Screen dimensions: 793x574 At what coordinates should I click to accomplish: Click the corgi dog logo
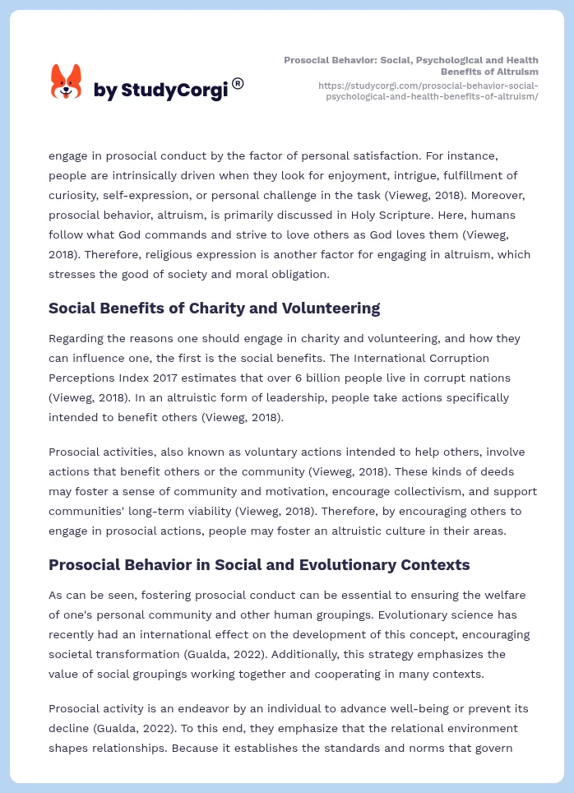click(x=67, y=82)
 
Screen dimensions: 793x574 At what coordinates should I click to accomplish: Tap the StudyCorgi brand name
click(x=160, y=90)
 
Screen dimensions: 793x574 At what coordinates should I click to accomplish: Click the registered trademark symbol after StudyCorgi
click(x=238, y=83)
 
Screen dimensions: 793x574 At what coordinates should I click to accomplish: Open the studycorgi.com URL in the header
click(x=428, y=90)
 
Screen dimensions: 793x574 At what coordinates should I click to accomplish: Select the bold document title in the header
click(x=411, y=66)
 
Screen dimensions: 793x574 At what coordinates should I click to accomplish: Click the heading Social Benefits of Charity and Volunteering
click(x=214, y=308)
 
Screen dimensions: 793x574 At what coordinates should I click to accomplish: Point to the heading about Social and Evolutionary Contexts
click(x=259, y=565)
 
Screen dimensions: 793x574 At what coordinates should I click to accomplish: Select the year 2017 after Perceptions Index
click(x=166, y=378)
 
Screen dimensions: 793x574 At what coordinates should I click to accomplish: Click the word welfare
click(x=507, y=595)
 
